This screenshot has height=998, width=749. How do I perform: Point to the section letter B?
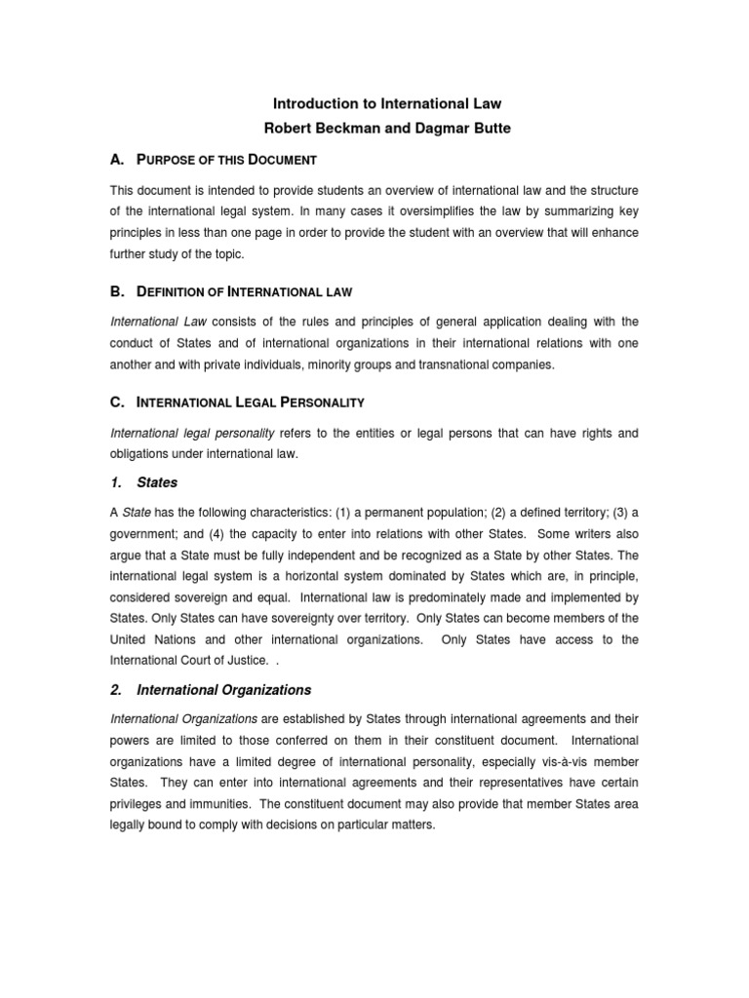pyautogui.click(x=115, y=291)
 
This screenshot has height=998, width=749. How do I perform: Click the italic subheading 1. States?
pyautogui.click(x=143, y=481)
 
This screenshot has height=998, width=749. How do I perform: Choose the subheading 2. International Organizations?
pyautogui.click(x=211, y=690)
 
